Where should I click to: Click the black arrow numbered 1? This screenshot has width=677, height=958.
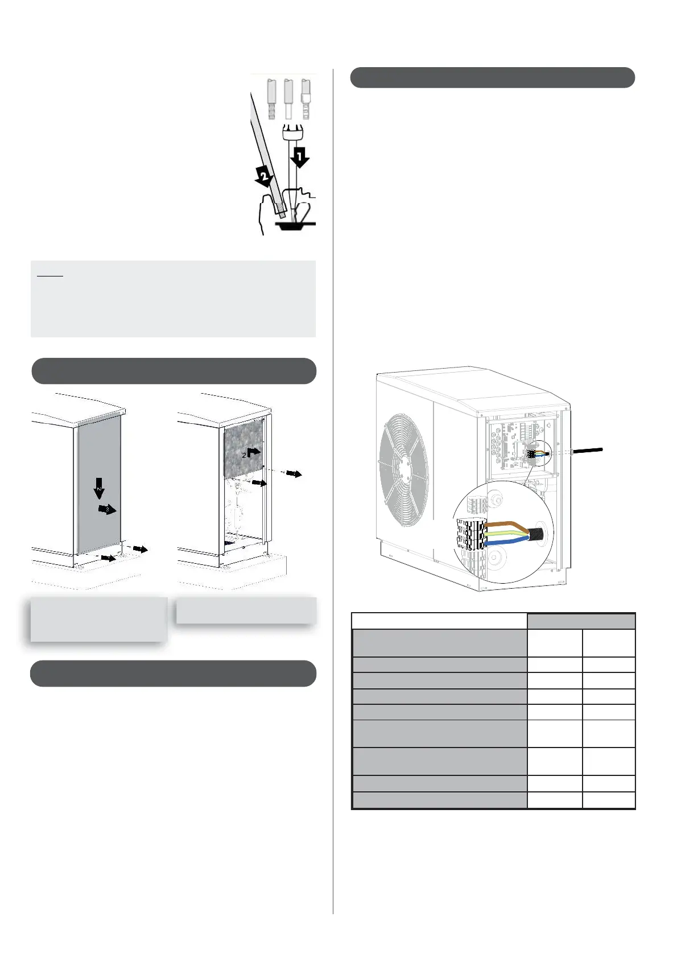[x=299, y=157]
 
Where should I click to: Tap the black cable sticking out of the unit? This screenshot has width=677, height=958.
[x=586, y=451]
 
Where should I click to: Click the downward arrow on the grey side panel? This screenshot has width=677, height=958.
[x=99, y=489]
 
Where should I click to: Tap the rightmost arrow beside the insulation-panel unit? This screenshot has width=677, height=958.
[x=295, y=473]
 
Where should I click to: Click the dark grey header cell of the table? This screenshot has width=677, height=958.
[x=580, y=621]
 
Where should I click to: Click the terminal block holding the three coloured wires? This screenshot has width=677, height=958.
[x=471, y=534]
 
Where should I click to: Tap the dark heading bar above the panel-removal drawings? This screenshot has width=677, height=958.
[x=174, y=371]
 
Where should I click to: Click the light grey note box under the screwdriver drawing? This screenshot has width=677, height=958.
[x=173, y=299]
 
